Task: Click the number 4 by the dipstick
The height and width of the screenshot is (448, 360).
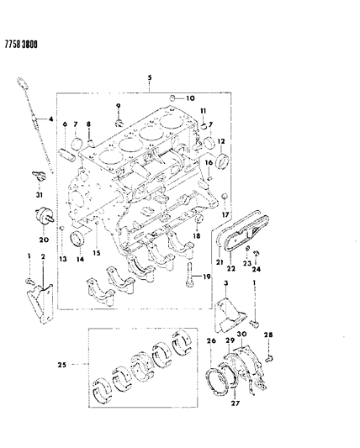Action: click(x=51, y=119)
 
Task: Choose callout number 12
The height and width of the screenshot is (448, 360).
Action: click(x=222, y=141)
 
